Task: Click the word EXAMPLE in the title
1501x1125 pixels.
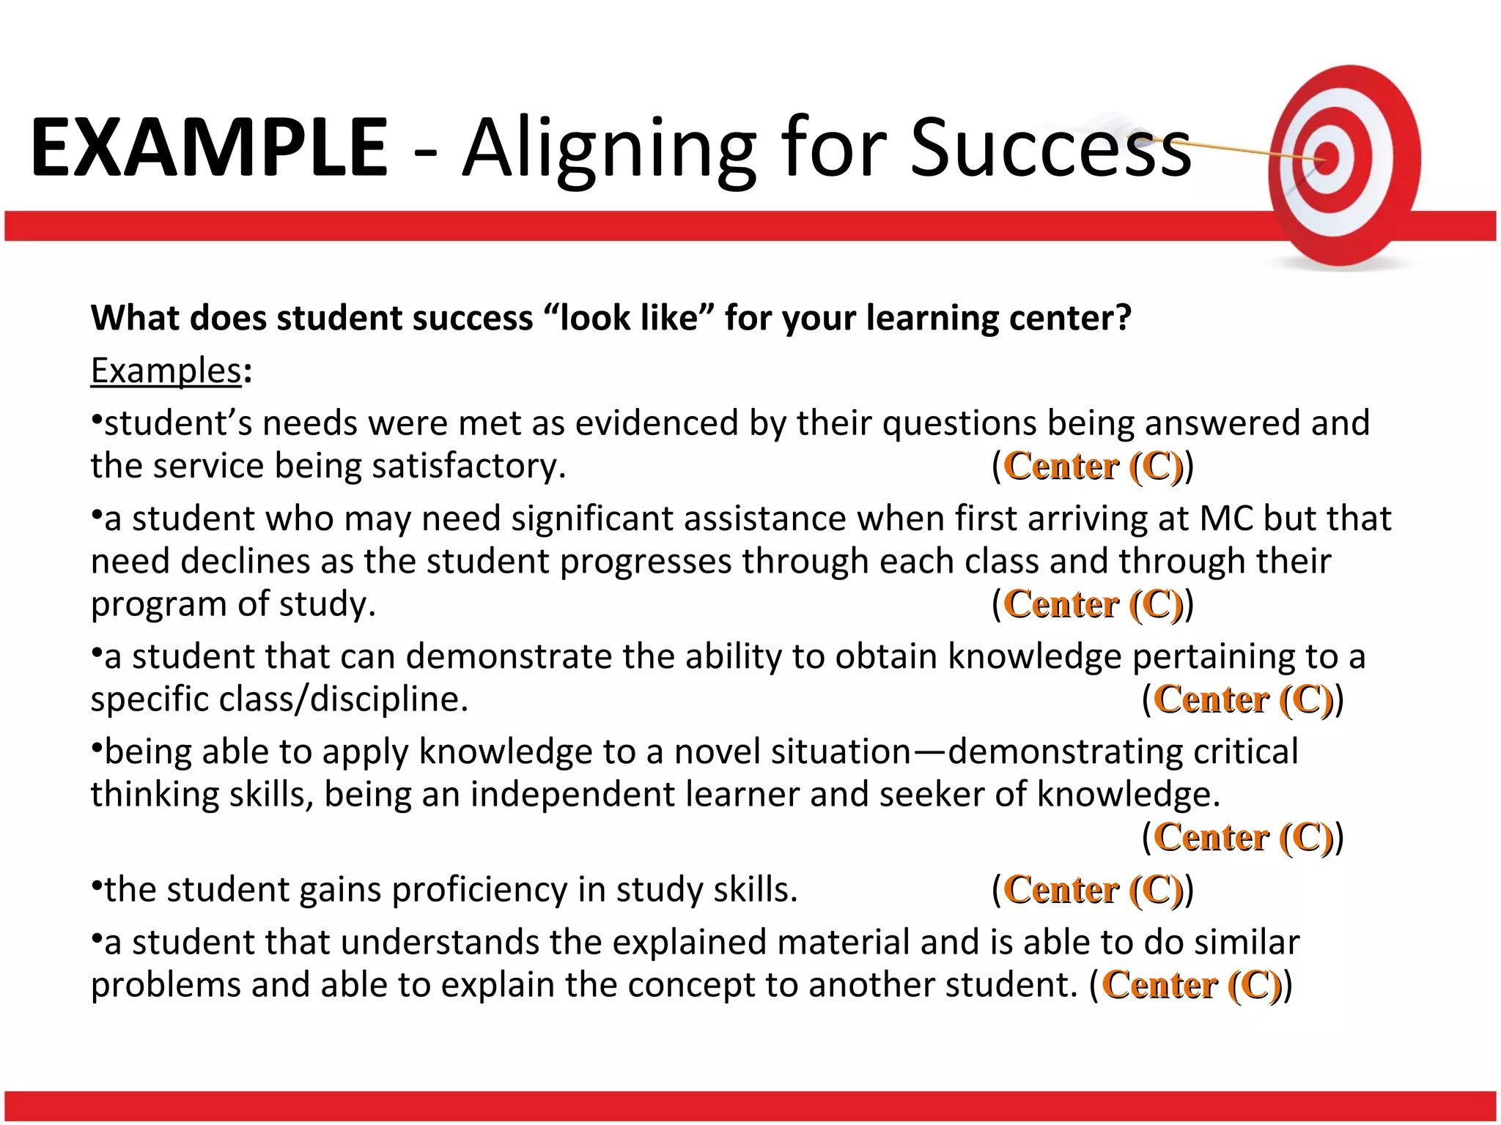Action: tap(209, 148)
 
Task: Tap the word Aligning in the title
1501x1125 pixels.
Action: tap(608, 150)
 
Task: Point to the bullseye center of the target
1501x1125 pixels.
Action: tap(1327, 158)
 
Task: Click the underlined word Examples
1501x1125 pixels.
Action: tap(166, 371)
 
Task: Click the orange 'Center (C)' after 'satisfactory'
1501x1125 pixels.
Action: tap(1093, 466)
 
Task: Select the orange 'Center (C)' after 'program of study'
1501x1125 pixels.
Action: tap(1093, 604)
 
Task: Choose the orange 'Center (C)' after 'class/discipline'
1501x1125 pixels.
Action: tap(1243, 699)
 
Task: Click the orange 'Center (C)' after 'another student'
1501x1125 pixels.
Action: tap(1191, 984)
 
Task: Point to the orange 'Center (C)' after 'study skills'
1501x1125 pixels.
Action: tap(1093, 889)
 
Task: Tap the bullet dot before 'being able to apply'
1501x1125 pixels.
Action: tap(96, 747)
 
